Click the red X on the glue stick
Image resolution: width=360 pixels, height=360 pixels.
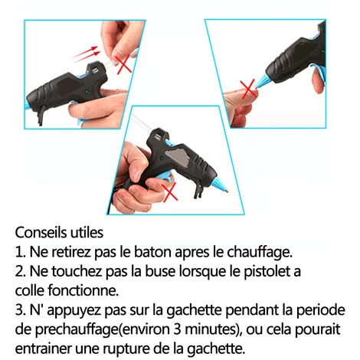click(124, 65)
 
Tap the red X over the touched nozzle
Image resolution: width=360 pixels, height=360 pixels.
click(248, 90)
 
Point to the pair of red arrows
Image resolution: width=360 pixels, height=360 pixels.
click(86, 54)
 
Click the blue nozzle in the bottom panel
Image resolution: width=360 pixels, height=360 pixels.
click(218, 185)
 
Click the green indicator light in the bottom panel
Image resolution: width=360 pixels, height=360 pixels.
click(162, 158)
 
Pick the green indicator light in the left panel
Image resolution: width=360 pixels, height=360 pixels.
click(87, 91)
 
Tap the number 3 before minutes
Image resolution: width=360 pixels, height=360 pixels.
click(177, 329)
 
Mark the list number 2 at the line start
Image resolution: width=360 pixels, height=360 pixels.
click(18, 271)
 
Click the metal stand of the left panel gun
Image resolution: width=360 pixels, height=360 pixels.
click(41, 114)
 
